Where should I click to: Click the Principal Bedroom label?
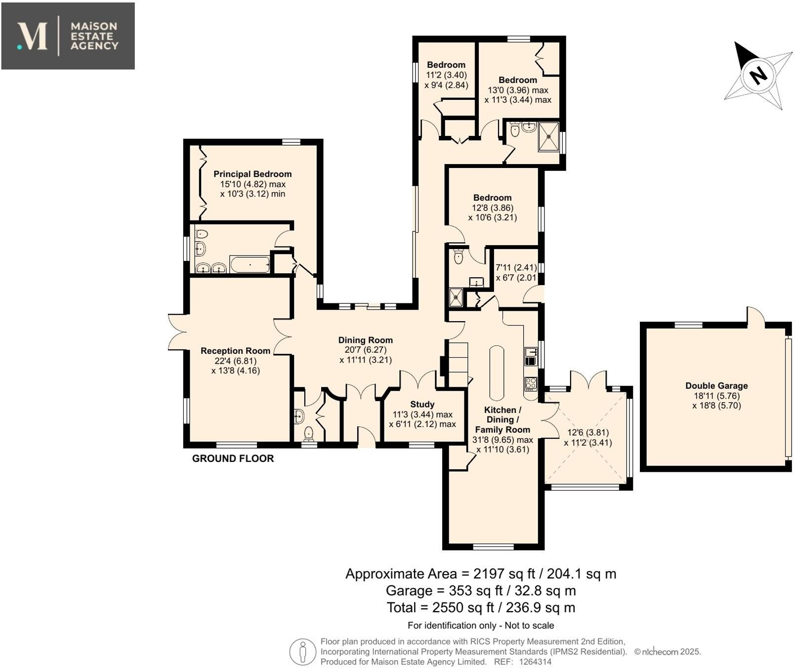point(252,174)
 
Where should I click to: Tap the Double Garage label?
point(716,386)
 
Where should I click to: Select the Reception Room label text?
point(235,351)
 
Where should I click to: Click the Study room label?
point(422,404)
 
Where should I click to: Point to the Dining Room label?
point(365,340)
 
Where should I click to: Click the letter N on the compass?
point(757,75)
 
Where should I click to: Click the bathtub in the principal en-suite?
point(250,265)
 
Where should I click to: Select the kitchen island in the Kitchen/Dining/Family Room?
point(497,373)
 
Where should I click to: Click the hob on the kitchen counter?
point(531,383)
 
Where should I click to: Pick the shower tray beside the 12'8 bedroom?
point(456,297)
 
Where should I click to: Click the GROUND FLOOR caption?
point(233,459)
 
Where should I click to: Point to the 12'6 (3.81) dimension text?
point(587,432)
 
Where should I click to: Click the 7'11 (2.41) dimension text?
point(516,267)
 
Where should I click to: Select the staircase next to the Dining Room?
point(458,364)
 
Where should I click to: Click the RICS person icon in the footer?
point(302,651)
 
